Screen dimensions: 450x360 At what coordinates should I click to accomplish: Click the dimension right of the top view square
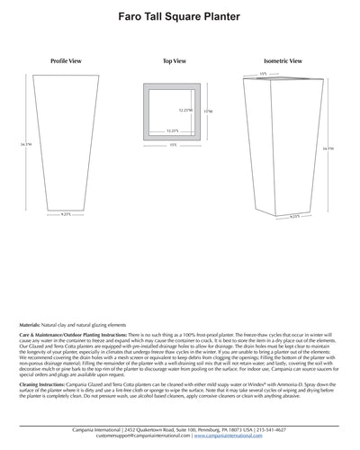click(x=209, y=112)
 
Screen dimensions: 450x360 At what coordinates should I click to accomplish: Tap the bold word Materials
click(x=31, y=323)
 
